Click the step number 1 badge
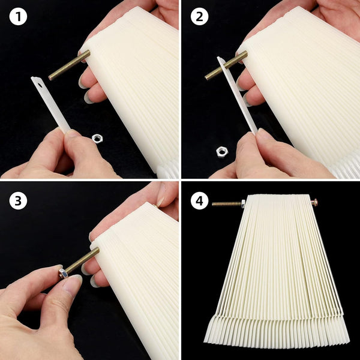point(18,16)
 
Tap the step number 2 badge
point(199,16)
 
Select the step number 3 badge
point(18,200)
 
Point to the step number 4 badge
point(199,200)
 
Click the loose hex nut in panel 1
point(97,139)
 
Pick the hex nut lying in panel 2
point(221,151)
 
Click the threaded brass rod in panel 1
point(70,65)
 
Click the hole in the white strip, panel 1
point(40,86)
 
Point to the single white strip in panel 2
point(237,95)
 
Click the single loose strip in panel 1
point(50,104)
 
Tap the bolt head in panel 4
point(314,202)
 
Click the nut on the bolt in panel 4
point(243,203)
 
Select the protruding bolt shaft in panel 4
point(226,203)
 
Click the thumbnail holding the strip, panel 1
point(73,133)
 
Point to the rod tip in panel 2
point(206,77)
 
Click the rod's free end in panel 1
point(50,77)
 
